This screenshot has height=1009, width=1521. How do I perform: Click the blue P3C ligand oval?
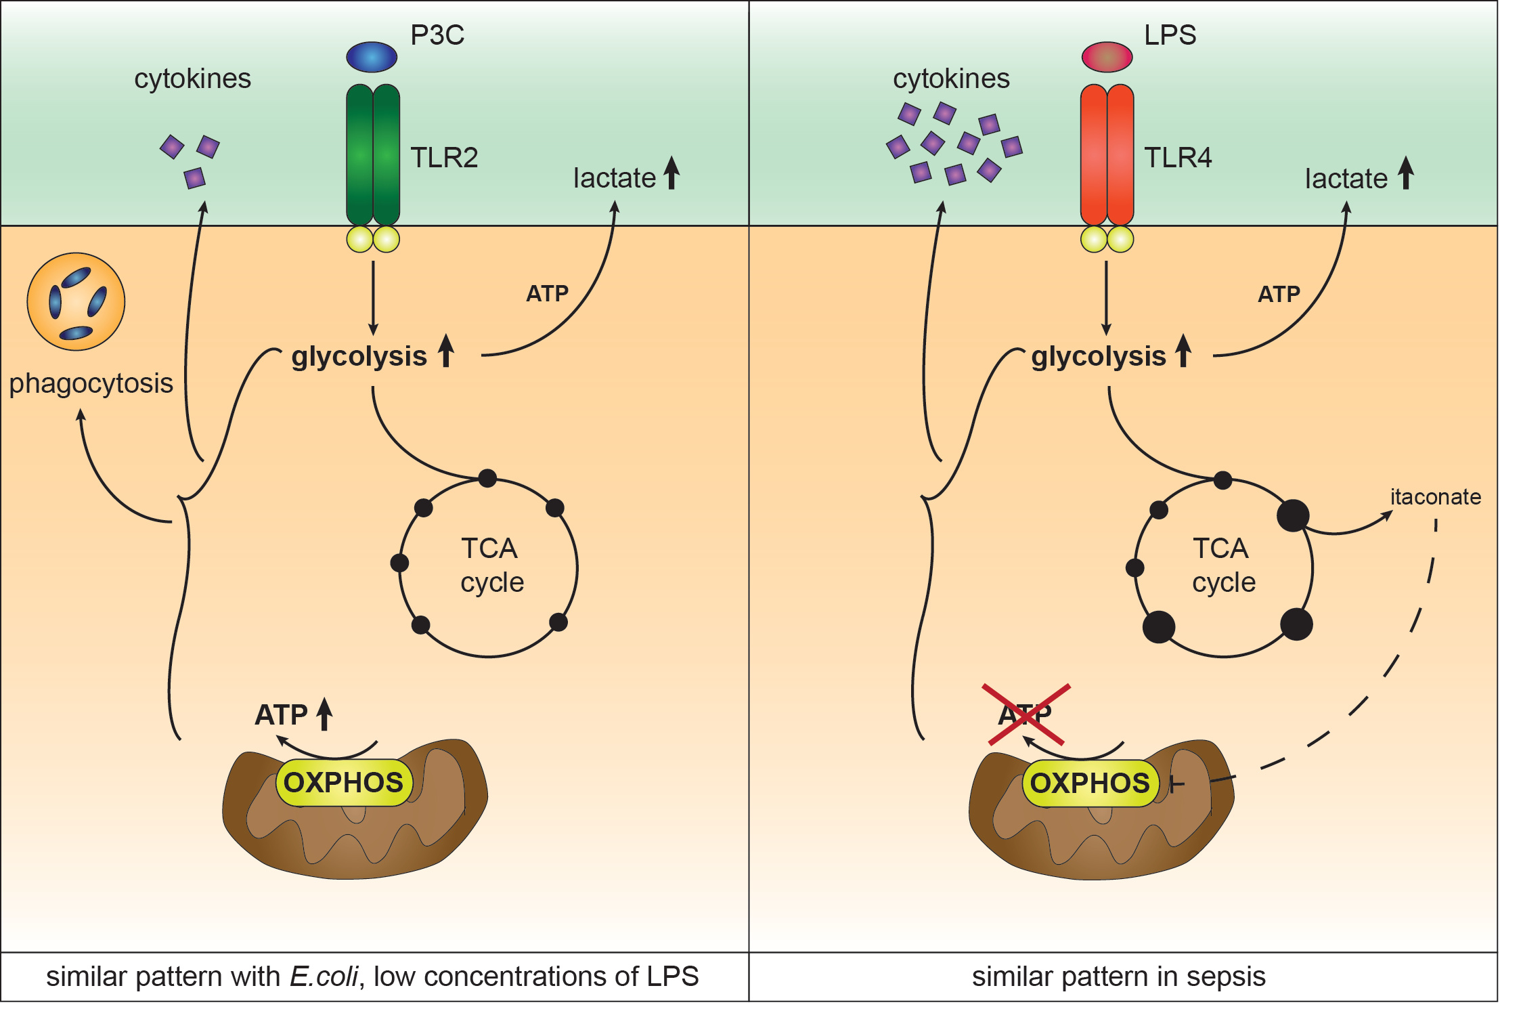pos(372,57)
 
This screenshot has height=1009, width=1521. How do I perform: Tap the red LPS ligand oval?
pos(1107,57)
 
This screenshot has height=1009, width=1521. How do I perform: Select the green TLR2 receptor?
pos(373,154)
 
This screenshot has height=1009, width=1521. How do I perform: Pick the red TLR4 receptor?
pos(1107,154)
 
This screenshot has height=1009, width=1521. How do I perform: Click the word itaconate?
pos(1435,497)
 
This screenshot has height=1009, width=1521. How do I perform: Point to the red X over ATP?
pos(1026,714)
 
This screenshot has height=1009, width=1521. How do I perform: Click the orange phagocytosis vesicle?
pos(76,302)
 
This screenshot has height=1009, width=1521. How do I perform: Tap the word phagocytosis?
pos(91,383)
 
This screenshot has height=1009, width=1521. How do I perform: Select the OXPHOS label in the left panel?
pos(343,783)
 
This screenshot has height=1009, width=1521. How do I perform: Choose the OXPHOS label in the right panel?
pos(1090,783)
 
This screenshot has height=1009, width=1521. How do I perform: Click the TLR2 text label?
pos(444,158)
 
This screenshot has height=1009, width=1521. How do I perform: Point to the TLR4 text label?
pos(1178,158)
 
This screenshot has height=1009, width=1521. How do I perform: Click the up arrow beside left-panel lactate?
pos(671,173)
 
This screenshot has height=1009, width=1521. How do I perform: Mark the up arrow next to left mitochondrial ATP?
pos(325,714)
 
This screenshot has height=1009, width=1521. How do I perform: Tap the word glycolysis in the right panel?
pos(1098,356)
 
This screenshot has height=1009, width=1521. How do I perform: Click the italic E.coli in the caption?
pos(324,977)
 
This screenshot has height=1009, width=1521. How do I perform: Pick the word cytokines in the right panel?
pos(951,79)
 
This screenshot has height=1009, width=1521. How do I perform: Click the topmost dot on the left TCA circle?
pos(487,478)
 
